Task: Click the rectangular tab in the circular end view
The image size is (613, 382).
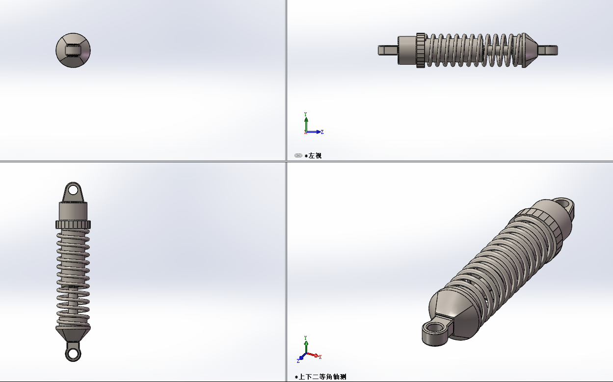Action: pos(73,51)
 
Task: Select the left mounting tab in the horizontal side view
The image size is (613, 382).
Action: pos(388,51)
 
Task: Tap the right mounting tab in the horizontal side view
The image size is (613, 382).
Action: pos(548,51)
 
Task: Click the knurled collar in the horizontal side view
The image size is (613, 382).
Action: pos(421,51)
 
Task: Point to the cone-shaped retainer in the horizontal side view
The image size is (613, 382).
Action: pos(530,51)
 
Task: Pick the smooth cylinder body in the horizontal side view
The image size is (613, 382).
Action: pos(407,51)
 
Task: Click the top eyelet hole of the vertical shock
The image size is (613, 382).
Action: pos(73,190)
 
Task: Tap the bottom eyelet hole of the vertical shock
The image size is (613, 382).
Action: pos(73,353)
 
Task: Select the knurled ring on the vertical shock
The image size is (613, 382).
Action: pos(73,225)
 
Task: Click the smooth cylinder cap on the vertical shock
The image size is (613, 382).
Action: pos(73,211)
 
